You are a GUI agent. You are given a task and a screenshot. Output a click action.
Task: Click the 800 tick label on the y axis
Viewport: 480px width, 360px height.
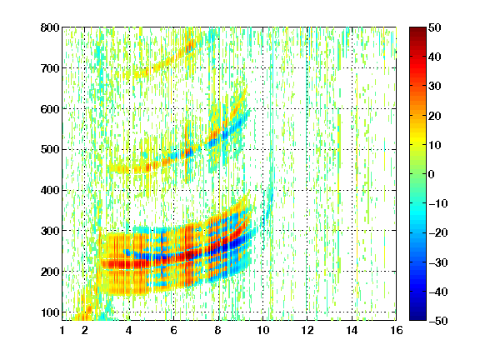50,27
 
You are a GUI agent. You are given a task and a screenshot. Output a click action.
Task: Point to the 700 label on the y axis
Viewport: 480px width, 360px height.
50,68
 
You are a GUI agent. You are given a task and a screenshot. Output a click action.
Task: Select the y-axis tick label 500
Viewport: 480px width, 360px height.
50,150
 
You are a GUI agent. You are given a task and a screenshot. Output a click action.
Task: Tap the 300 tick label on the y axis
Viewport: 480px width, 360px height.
50,231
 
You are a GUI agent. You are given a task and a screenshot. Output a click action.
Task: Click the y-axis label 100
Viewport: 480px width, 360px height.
50,312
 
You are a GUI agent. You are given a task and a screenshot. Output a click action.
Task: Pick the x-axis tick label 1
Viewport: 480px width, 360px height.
62,330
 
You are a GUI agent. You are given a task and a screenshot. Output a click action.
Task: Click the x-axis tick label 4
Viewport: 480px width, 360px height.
129,330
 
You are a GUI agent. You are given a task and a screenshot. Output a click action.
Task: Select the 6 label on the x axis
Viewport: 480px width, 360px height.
173,330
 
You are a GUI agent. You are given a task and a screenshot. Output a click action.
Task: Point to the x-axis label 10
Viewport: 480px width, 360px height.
262,330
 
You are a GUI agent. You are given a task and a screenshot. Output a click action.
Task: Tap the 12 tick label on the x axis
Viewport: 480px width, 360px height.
307,330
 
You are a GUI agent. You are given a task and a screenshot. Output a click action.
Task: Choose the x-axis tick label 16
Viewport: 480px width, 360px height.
396,330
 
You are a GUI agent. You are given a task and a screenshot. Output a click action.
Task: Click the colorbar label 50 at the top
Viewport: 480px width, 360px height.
434,27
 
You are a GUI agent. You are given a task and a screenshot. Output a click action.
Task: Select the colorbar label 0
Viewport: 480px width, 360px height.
432,174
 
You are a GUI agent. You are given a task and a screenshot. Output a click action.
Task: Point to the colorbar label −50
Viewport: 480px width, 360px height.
438,321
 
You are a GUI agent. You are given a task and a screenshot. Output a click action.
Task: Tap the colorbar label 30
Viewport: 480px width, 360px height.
434,87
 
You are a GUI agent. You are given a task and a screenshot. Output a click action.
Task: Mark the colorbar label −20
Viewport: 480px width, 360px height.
438,232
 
